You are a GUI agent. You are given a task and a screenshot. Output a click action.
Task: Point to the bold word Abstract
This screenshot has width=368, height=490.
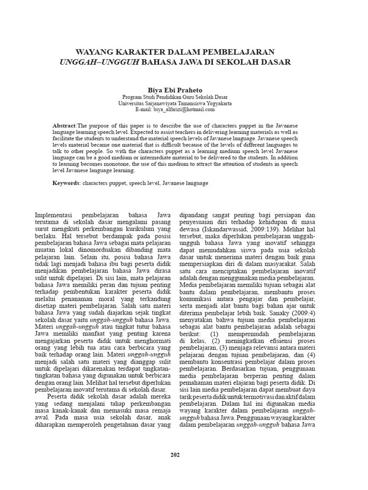point(64,125)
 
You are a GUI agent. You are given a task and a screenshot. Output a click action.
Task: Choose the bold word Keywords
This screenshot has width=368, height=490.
point(66,183)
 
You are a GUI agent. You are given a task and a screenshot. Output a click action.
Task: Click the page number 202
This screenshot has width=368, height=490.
point(175,455)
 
